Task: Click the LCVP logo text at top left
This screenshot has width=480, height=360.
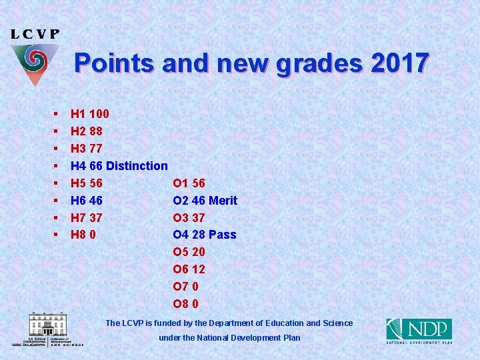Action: (35, 34)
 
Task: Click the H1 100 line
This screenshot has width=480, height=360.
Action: (90, 114)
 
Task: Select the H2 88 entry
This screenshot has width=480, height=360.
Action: (86, 131)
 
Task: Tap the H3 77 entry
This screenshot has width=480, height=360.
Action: (86, 149)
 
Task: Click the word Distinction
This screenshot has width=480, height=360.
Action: (137, 166)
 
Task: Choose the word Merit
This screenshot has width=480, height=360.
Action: (223, 201)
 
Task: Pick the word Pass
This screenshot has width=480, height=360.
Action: (222, 235)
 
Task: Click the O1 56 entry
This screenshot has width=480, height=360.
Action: (189, 183)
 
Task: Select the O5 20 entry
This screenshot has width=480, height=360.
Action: (189, 252)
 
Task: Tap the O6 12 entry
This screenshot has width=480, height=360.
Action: (189, 269)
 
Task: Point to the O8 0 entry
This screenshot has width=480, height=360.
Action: (185, 304)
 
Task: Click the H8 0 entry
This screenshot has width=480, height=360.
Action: (83, 235)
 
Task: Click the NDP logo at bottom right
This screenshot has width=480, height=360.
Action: (419, 331)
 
